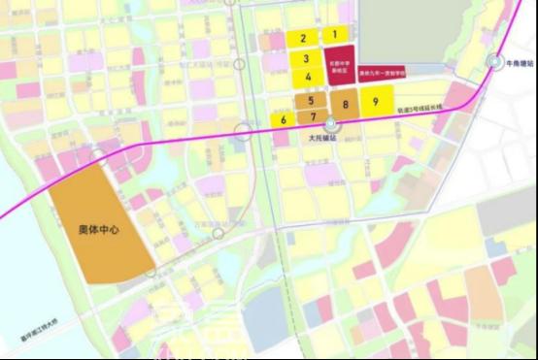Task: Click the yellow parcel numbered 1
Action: (334, 34)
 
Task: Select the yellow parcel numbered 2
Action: (304, 38)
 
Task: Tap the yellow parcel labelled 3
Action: (306, 59)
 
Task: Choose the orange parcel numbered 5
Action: (311, 100)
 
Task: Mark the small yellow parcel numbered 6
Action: (283, 119)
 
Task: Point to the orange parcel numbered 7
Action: (313, 116)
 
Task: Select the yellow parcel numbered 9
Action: (375, 101)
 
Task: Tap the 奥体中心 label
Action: (97, 230)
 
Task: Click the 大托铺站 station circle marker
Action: (331, 124)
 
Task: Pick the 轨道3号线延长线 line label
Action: (420, 111)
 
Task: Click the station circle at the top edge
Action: (229, 3)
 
